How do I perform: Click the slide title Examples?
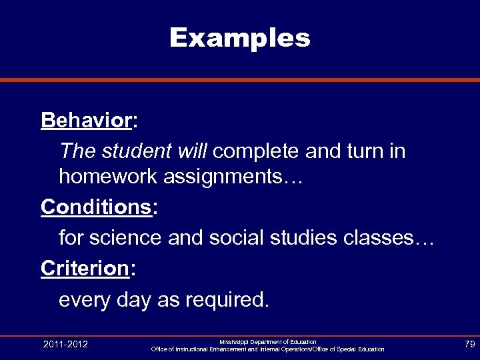tap(239, 38)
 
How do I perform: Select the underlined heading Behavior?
tap(85, 121)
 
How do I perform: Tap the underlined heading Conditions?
tap(96, 207)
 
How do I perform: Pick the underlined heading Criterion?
tap(84, 268)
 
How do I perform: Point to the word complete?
tap(257, 151)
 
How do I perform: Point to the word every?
tap(84, 299)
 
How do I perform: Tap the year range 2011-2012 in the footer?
tap(65, 345)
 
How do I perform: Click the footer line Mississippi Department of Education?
tap(267, 341)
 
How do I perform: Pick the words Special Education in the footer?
tap(361, 349)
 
